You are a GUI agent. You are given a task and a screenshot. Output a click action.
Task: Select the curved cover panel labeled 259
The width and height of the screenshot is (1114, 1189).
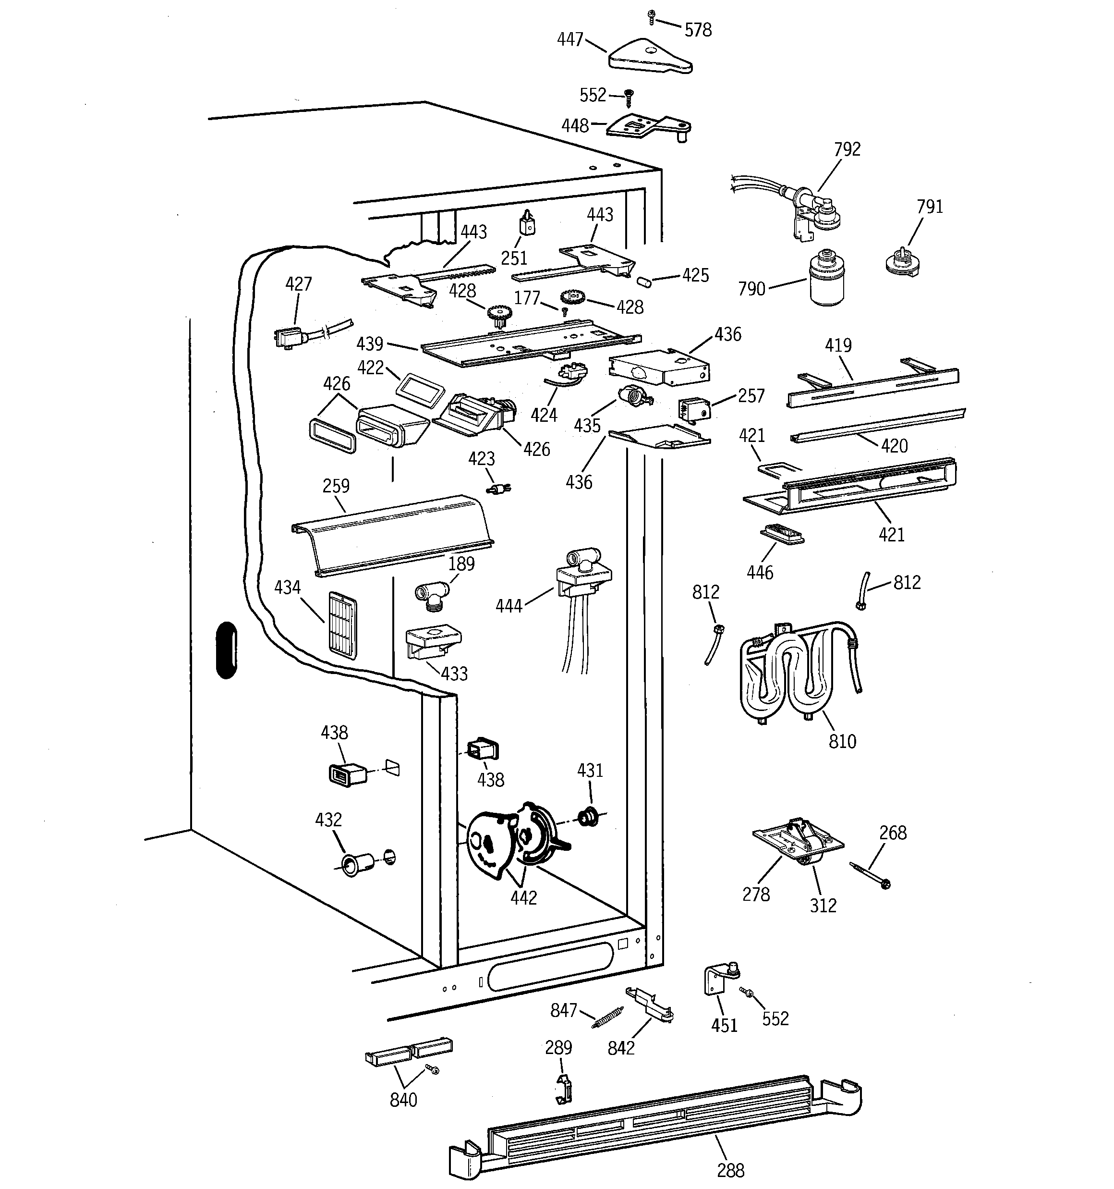[x=392, y=535]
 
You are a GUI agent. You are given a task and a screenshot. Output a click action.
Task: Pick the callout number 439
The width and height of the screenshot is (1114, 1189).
[x=370, y=344]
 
